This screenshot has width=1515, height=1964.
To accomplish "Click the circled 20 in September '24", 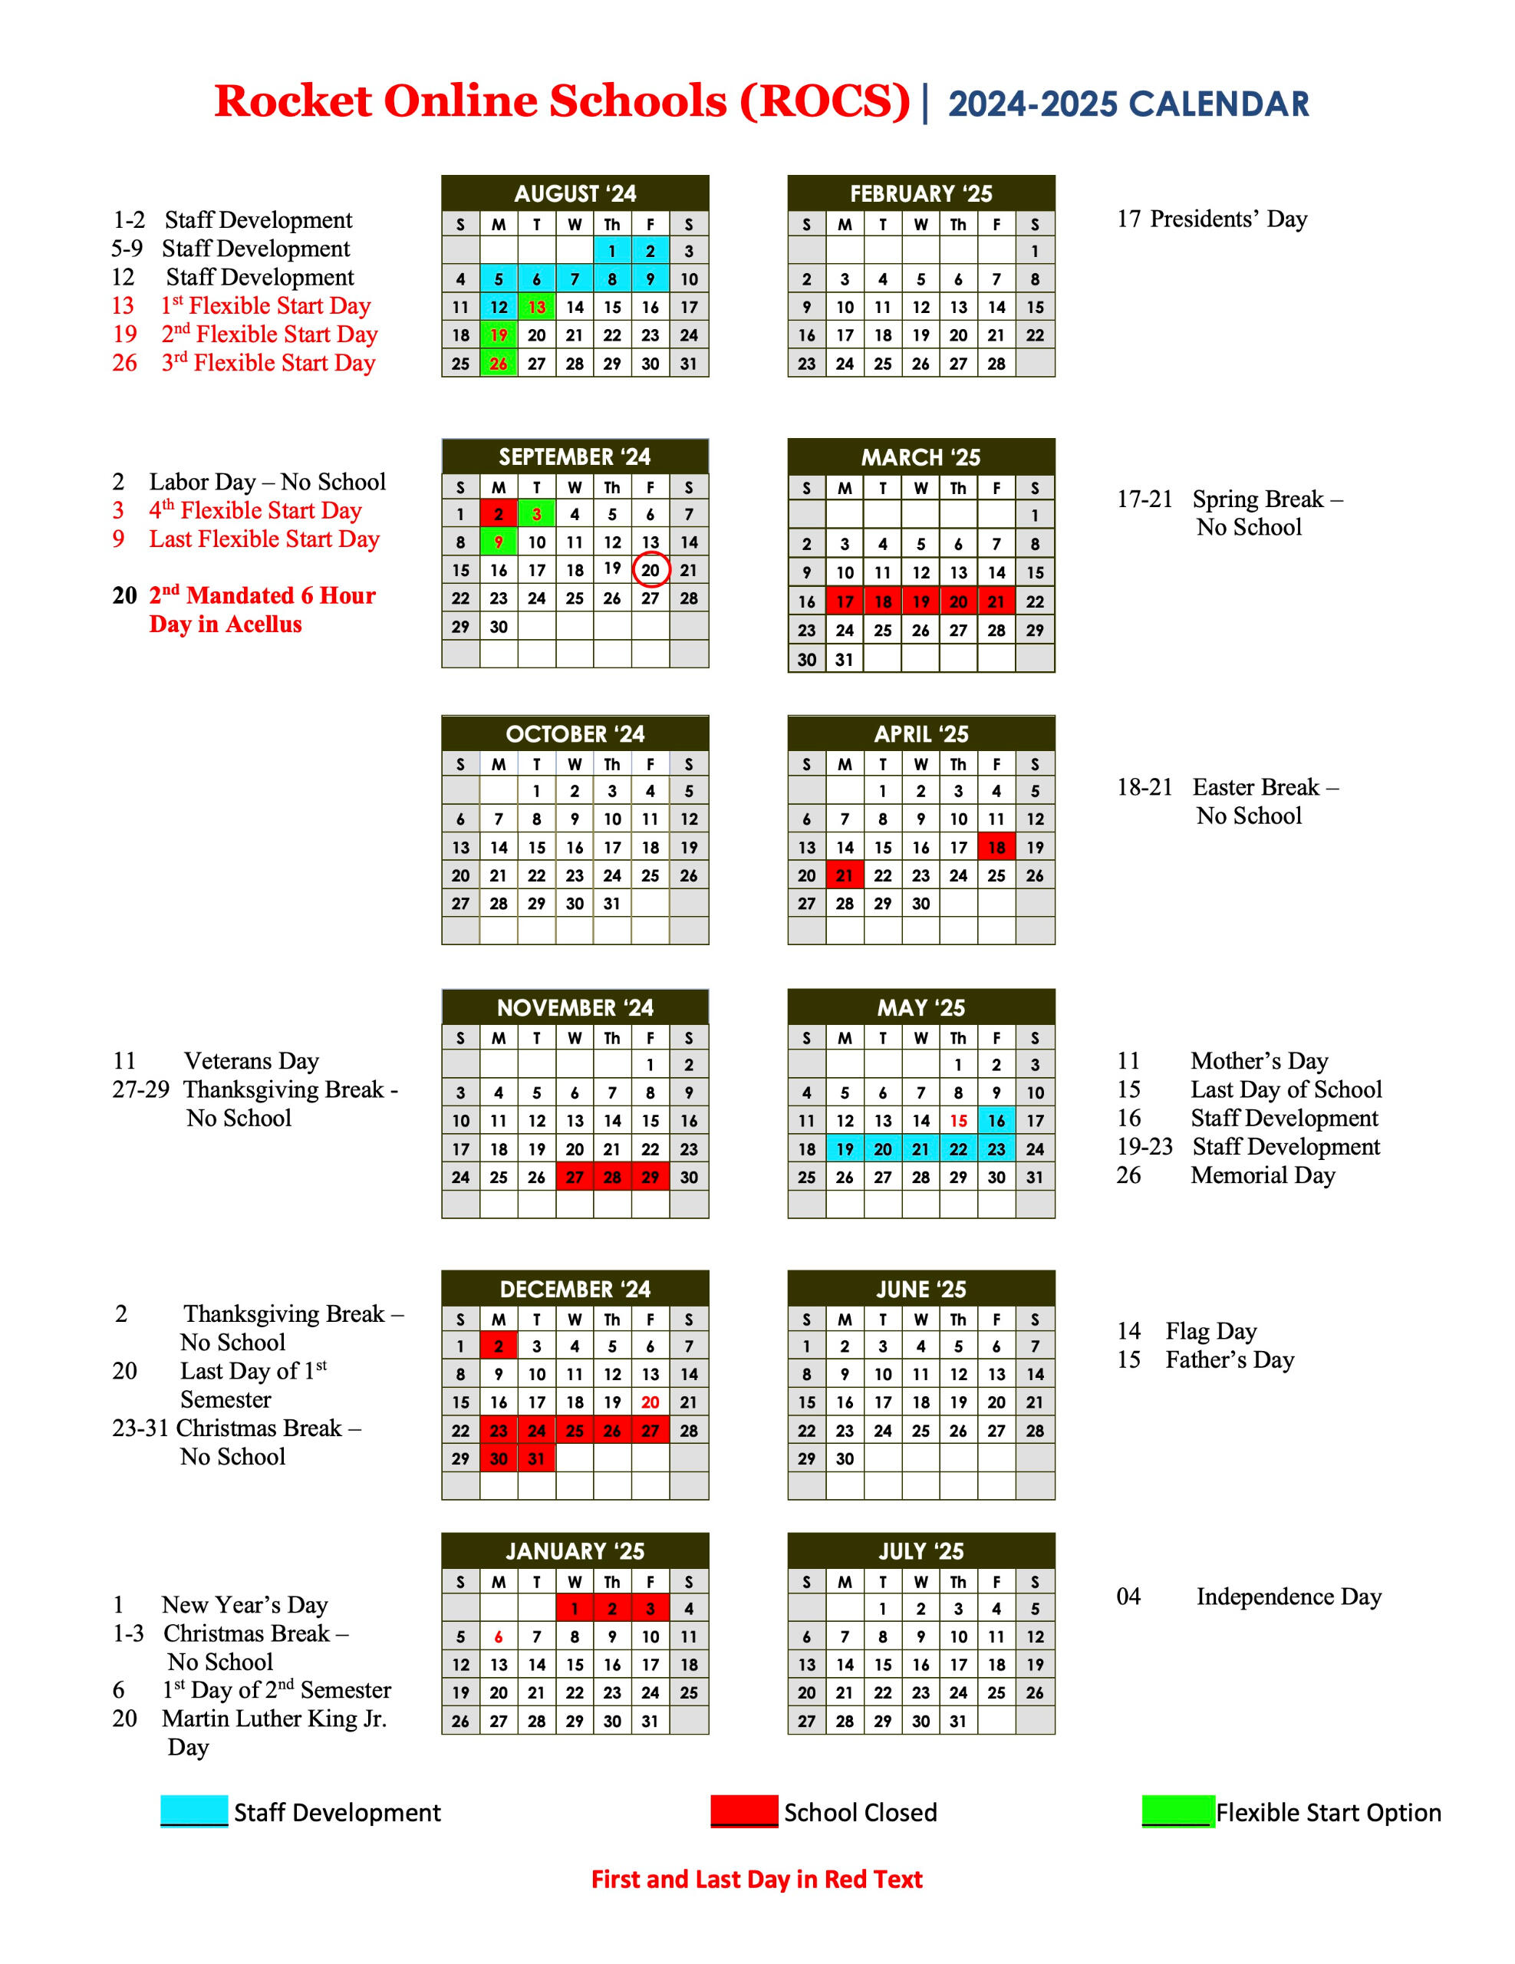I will [650, 570].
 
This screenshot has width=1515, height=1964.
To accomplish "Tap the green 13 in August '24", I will [537, 308].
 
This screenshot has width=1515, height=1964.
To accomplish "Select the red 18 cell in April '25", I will [996, 847].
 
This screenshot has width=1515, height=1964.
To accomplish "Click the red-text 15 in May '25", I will [958, 1121].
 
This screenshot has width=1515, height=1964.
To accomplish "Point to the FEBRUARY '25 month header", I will [921, 193].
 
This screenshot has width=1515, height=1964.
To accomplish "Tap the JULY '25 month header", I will [921, 1551].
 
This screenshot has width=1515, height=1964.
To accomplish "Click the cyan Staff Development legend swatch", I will [194, 1811].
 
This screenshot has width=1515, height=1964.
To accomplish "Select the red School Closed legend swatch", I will [743, 1811].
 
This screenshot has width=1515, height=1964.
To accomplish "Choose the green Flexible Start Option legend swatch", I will [1177, 1811].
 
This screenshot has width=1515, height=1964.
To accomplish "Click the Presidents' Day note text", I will [1227, 219].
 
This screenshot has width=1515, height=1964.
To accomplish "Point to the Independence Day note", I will [1287, 1597].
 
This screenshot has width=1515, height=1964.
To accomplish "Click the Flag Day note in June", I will [1210, 1331].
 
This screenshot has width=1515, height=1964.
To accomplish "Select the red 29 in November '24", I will [650, 1177].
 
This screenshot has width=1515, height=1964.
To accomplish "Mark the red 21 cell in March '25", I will [996, 601].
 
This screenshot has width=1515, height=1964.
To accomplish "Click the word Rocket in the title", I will [293, 101].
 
